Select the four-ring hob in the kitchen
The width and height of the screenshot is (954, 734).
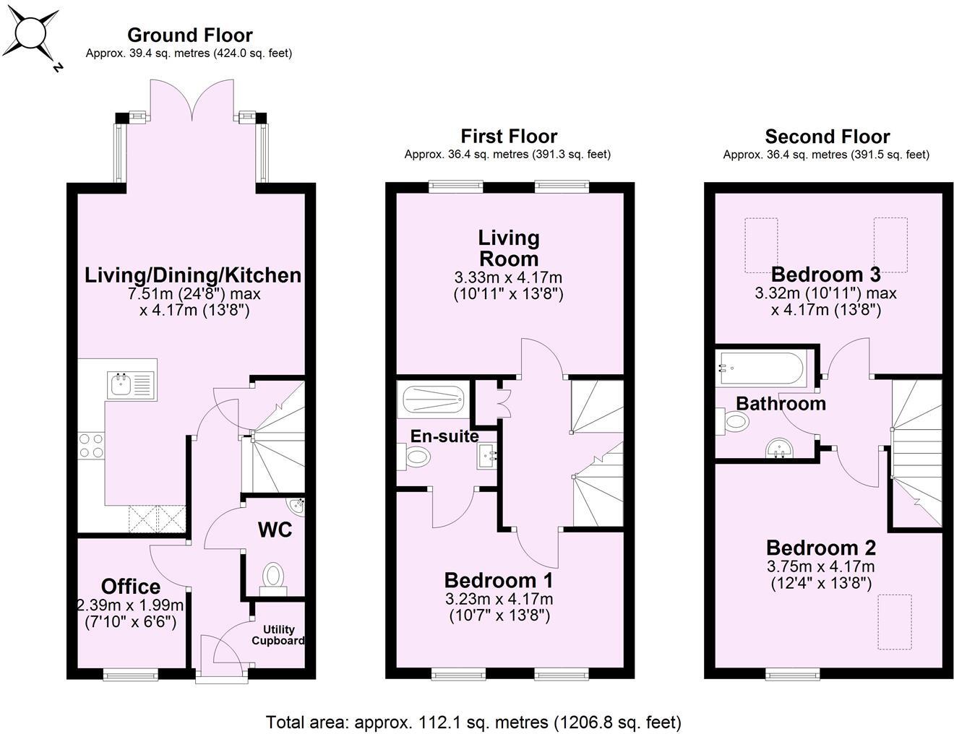coord(90,445)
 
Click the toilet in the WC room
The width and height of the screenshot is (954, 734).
coord(272,577)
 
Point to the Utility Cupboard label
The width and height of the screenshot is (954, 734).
coord(278,635)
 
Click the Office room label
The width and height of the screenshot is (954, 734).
coord(131,586)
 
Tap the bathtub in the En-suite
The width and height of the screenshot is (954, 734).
coord(432,400)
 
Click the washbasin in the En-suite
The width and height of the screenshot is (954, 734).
coord(487,457)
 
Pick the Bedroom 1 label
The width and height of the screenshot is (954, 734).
coord(498,580)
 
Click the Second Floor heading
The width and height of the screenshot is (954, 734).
coord(827,137)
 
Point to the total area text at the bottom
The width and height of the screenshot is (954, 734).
coord(473,722)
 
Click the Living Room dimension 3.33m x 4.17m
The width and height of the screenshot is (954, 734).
coord(508,277)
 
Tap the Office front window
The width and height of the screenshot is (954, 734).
coord(131,674)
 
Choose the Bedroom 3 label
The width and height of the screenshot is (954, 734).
coord(825,275)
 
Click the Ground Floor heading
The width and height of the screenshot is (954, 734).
coord(189,35)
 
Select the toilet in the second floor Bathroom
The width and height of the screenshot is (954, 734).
coord(732,421)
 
